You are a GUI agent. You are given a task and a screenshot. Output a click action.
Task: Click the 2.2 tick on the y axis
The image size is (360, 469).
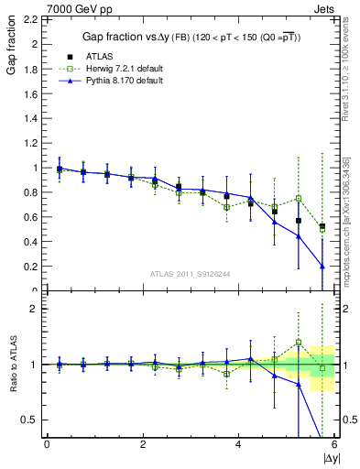[30, 19]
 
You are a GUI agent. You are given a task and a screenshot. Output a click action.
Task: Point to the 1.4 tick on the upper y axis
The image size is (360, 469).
[30, 118]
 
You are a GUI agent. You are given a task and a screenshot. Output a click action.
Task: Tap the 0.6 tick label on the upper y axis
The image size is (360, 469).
[30, 217]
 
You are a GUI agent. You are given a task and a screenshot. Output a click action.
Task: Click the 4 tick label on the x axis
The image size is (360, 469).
[238, 444]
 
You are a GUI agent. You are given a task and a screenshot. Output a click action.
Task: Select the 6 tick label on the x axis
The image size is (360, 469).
[334, 444]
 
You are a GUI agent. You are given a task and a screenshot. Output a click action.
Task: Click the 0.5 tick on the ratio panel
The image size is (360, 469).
[30, 420]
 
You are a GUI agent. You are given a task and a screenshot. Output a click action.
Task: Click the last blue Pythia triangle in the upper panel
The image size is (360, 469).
[322, 267]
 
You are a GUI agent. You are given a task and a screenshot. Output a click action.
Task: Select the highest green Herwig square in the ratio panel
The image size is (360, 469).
[298, 343]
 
